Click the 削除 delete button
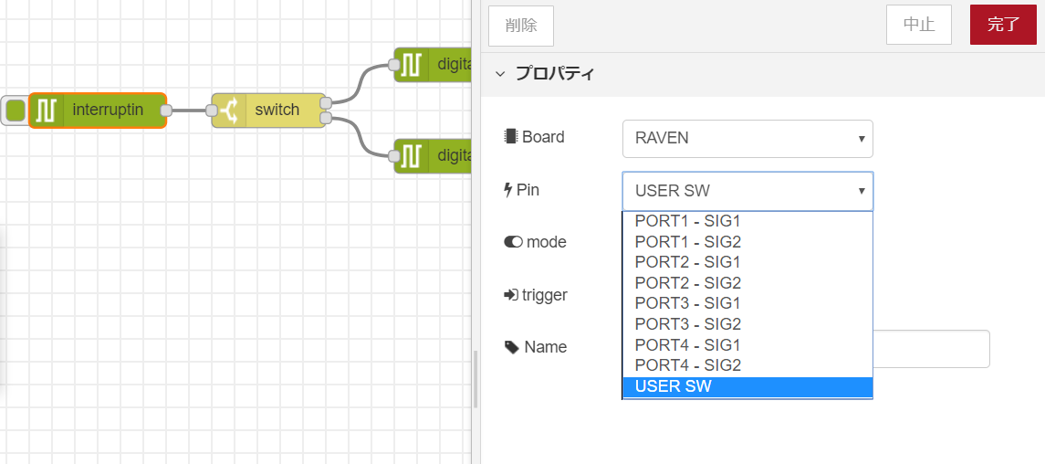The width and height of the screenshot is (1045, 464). pyautogui.click(x=521, y=26)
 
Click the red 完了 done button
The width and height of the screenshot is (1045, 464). pyautogui.click(x=1003, y=26)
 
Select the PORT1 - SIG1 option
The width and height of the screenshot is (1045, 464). pyautogui.click(x=687, y=221)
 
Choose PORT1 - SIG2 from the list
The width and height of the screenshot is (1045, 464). pyautogui.click(x=687, y=242)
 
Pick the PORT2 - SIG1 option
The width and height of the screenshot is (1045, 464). pyautogui.click(x=687, y=262)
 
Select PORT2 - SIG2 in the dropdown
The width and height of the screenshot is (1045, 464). pyautogui.click(x=687, y=283)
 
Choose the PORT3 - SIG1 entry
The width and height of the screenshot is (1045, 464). pyautogui.click(x=687, y=303)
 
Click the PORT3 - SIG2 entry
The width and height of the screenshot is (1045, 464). pyautogui.click(x=687, y=324)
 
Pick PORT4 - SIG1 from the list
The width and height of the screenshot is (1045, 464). pyautogui.click(x=687, y=345)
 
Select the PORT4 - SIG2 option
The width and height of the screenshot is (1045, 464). pyautogui.click(x=687, y=365)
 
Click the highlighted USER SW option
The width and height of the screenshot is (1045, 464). pyautogui.click(x=673, y=386)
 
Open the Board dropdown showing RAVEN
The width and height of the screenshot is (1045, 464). pyautogui.click(x=747, y=139)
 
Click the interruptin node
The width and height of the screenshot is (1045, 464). pyautogui.click(x=108, y=111)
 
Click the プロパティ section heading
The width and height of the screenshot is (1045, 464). pyautogui.click(x=555, y=74)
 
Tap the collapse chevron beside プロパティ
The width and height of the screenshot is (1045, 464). pyautogui.click(x=500, y=74)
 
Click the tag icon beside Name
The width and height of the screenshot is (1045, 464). pyautogui.click(x=511, y=348)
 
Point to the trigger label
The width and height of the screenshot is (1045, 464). pyautogui.click(x=544, y=295)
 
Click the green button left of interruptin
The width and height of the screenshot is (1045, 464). pyautogui.click(x=15, y=111)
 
